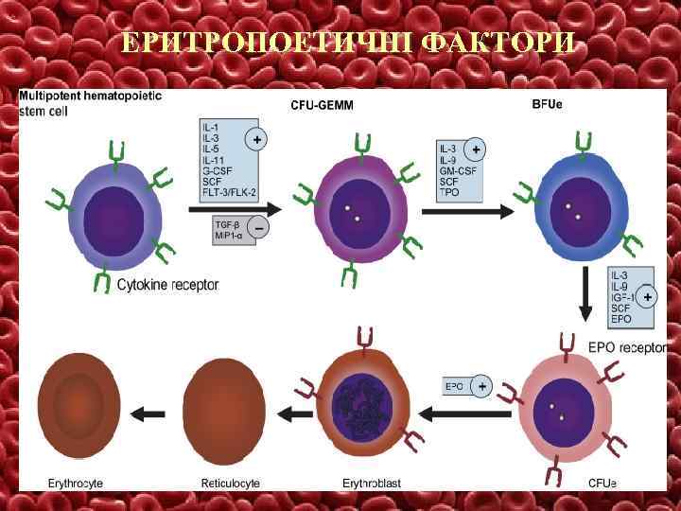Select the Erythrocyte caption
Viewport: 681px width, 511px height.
pos(76,484)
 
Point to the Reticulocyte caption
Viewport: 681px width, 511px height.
pos(227,484)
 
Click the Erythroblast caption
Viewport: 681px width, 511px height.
pos(371,484)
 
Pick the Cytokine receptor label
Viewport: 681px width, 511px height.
pos(167,283)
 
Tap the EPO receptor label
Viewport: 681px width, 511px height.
pos(628,347)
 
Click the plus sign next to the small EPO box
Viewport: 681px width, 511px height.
pos(482,386)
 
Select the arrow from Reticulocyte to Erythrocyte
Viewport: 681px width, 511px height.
pos(148,413)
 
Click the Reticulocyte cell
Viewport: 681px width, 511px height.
pos(223,409)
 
